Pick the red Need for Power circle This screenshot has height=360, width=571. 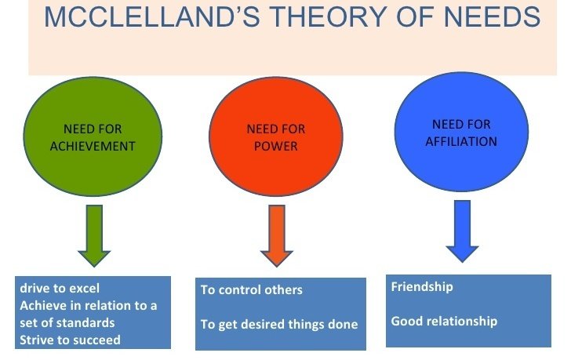click(x=275, y=136)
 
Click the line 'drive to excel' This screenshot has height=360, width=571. click(x=60, y=289)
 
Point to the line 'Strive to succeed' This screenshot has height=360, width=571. click(x=71, y=339)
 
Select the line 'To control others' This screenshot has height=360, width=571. click(x=251, y=290)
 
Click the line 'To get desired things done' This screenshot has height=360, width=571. click(x=278, y=324)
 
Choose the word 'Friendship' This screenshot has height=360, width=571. click(x=422, y=287)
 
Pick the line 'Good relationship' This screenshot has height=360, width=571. click(x=444, y=321)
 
